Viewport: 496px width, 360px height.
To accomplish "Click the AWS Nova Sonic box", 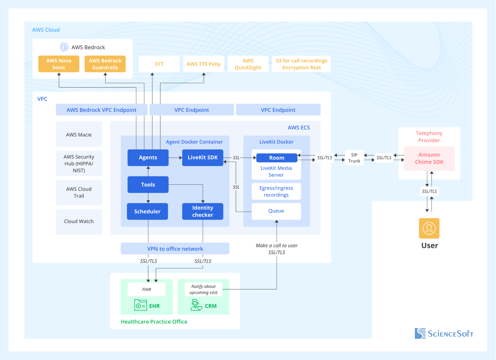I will [x=59, y=64].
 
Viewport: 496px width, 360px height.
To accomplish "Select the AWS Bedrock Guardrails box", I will [x=105, y=64].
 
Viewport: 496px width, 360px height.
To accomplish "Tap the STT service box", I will [x=159, y=64].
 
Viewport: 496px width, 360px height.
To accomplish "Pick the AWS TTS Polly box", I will [x=203, y=64].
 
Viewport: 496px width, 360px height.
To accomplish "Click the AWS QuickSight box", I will [x=248, y=64].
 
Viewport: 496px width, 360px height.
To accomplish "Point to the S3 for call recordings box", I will [x=301, y=64].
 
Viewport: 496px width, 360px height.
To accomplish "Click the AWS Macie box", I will [x=79, y=134].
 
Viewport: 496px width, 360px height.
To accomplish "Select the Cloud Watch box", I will [x=79, y=222].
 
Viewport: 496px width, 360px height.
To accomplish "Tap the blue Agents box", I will [x=148, y=157].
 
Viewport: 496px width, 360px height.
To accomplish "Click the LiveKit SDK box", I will [x=203, y=157].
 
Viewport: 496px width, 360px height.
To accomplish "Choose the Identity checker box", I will [x=203, y=211].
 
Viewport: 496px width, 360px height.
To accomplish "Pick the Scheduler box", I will [x=148, y=211].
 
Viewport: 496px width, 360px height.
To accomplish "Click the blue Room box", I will [x=277, y=158].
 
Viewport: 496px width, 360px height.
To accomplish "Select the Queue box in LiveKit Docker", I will [x=276, y=211].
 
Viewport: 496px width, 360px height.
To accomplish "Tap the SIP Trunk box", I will [x=354, y=157].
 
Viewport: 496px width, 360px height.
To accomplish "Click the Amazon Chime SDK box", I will [x=429, y=158].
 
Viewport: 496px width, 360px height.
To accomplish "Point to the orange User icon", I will [x=429, y=228].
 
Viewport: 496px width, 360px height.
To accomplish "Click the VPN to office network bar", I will [x=175, y=249].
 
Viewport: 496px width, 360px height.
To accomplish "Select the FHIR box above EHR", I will [x=146, y=289].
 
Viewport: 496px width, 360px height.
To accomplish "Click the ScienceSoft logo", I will [x=444, y=333].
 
